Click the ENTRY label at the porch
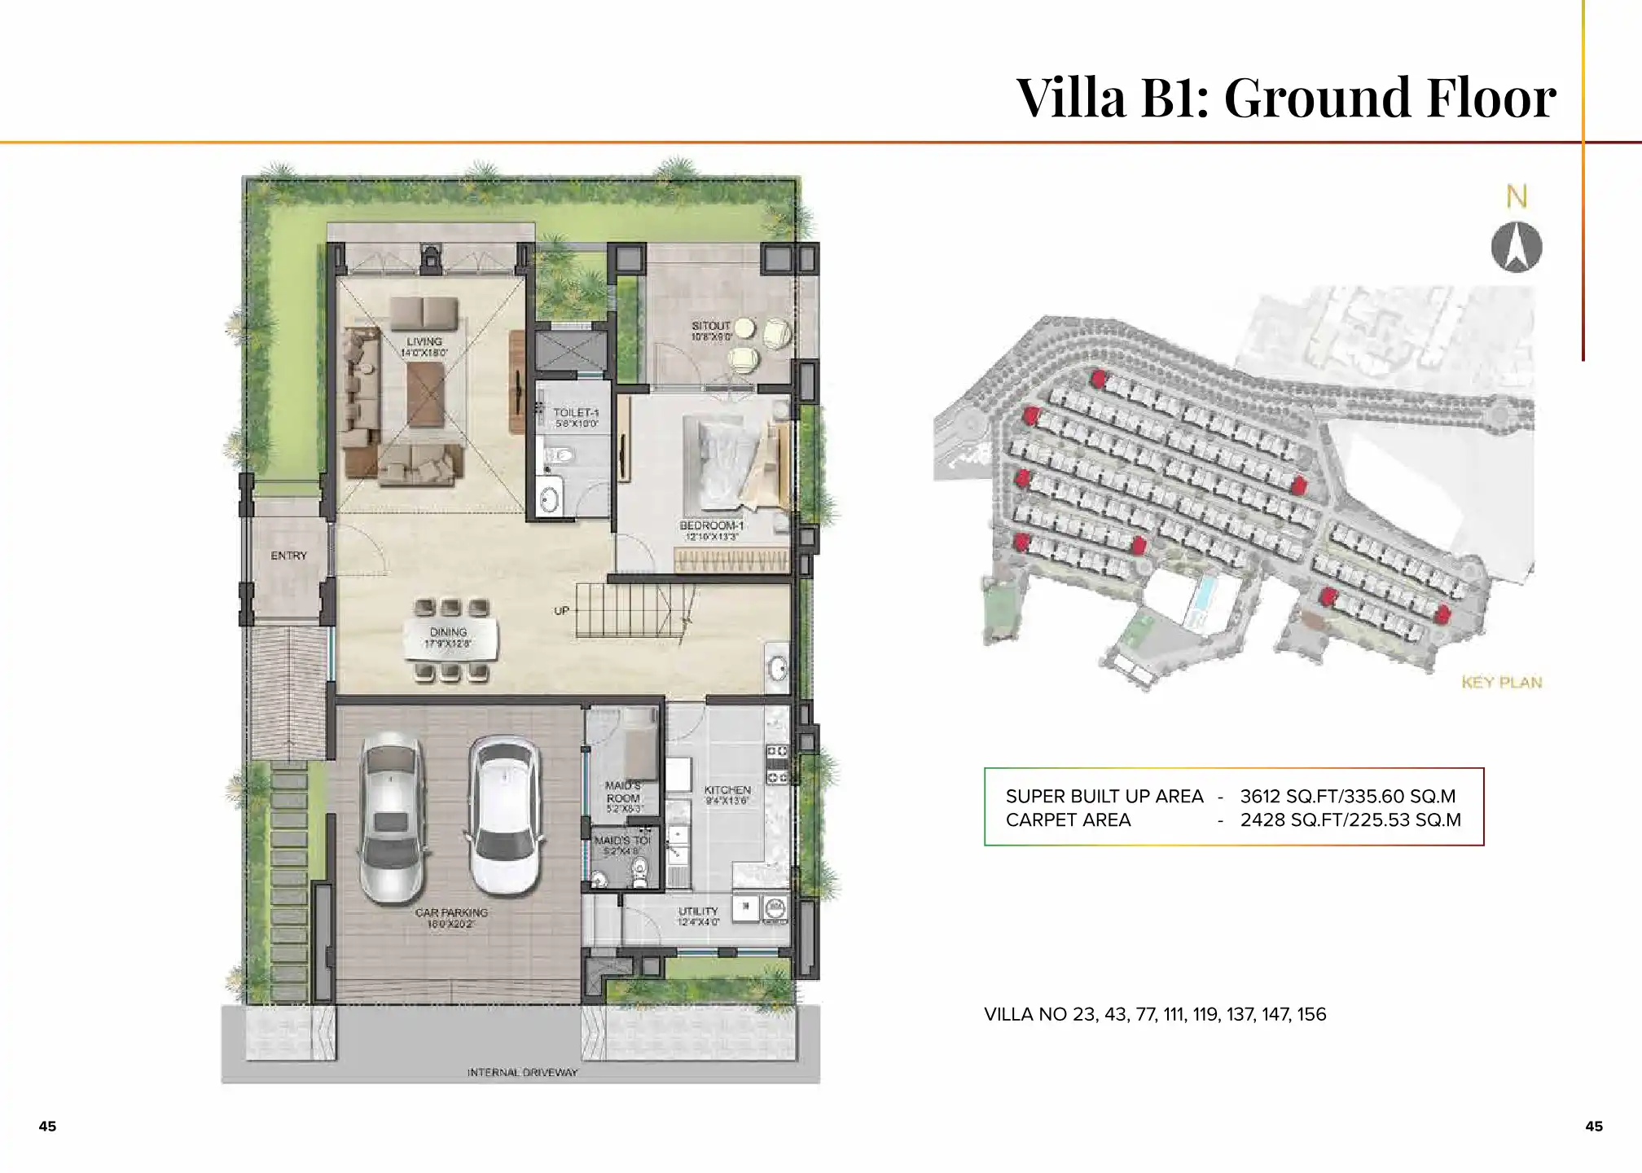(x=288, y=556)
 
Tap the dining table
(x=450, y=638)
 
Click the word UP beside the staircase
(x=561, y=610)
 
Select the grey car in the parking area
(x=393, y=818)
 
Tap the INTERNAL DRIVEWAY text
(x=522, y=1072)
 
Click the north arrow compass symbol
(x=1516, y=248)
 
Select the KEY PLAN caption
(x=1501, y=682)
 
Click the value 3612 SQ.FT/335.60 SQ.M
(x=1347, y=796)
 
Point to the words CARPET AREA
(x=1068, y=819)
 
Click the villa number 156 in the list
(x=1311, y=1014)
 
